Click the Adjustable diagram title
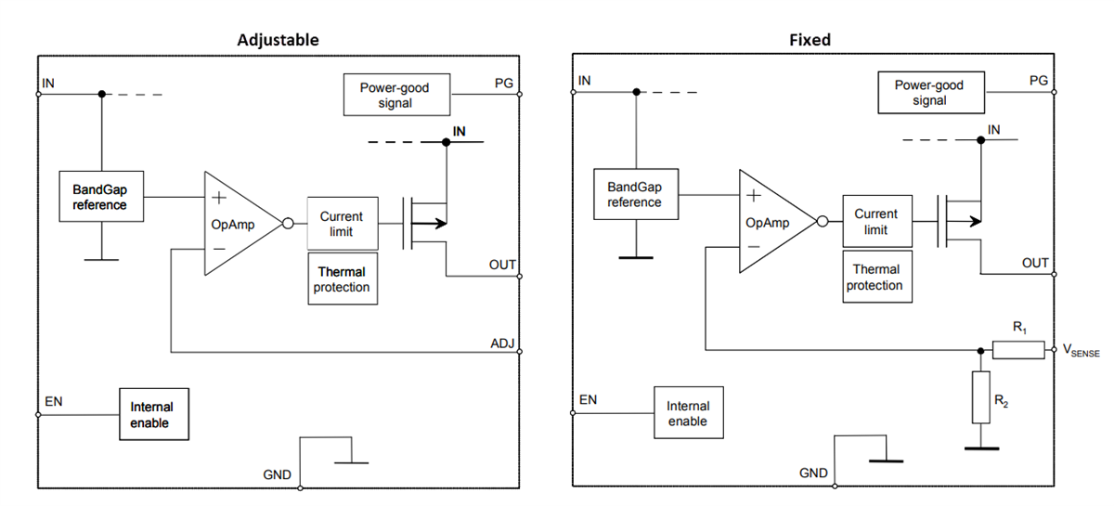tap(278, 40)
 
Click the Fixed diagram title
tap(809, 40)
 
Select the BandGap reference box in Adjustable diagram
tap(100, 197)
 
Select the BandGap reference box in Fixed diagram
tap(635, 195)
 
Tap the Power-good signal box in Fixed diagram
tap(928, 92)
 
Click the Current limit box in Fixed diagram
tap(875, 222)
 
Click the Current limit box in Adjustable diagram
tap(342, 224)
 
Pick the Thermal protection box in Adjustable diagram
tap(342, 279)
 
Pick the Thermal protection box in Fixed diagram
tap(875, 278)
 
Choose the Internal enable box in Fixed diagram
tap(687, 413)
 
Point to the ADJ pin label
tap(502, 344)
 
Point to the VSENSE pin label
tap(1081, 351)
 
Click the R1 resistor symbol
tap(1018, 350)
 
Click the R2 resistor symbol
tap(981, 397)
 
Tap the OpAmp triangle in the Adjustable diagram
tap(237, 224)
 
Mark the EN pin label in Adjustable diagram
tap(53, 403)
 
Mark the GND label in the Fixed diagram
tap(813, 474)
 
